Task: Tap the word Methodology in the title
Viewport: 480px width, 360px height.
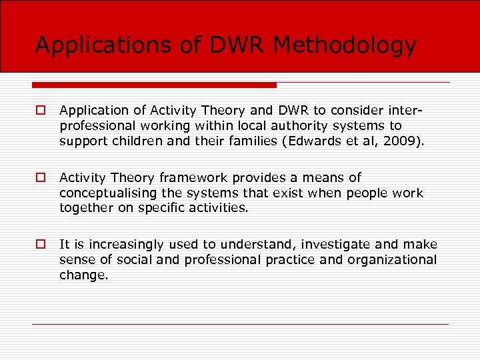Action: [345, 45]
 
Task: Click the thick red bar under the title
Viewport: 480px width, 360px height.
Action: [154, 85]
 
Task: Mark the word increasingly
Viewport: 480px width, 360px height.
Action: [127, 245]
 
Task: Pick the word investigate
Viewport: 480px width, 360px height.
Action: [313, 245]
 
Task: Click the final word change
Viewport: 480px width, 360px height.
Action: [83, 274]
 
